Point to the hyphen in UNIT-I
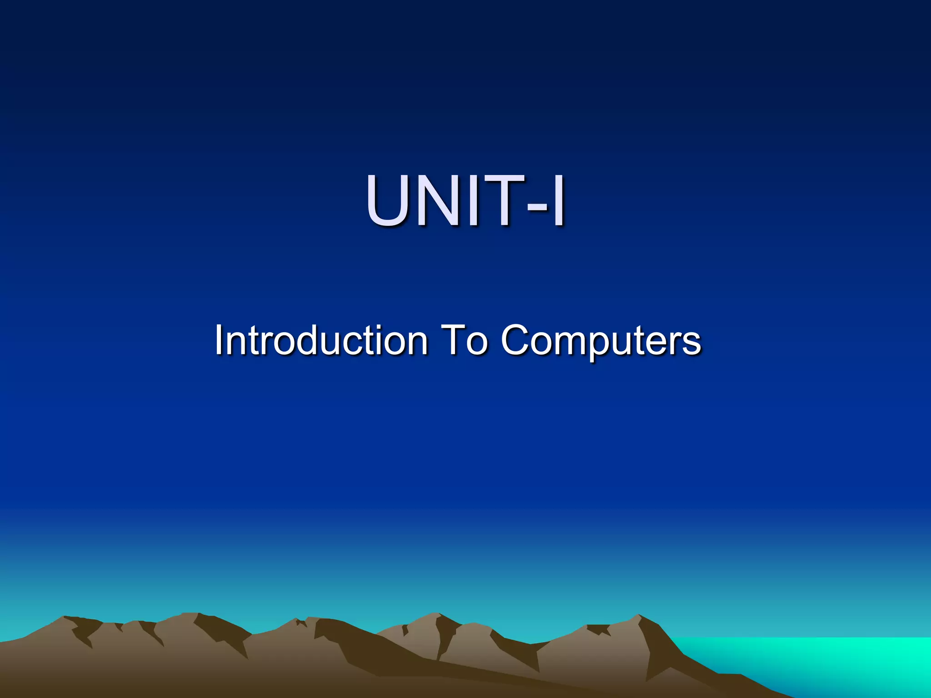pyautogui.click(x=536, y=207)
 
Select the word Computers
pyautogui.click(x=601, y=341)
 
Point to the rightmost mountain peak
pyautogui.click(x=639, y=616)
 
